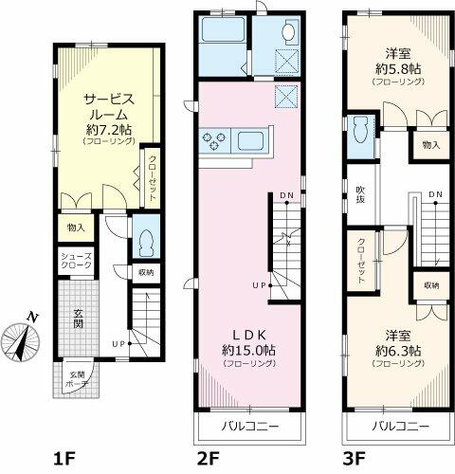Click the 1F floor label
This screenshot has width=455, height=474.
(65, 460)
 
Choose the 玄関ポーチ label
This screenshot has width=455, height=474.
(75, 380)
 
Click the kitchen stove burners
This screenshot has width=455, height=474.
(213, 142)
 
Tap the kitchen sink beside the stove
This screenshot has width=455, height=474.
(252, 142)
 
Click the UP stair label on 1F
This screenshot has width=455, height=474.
(118, 343)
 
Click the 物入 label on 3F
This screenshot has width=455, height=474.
(430, 144)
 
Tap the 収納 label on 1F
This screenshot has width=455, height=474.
(145, 273)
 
